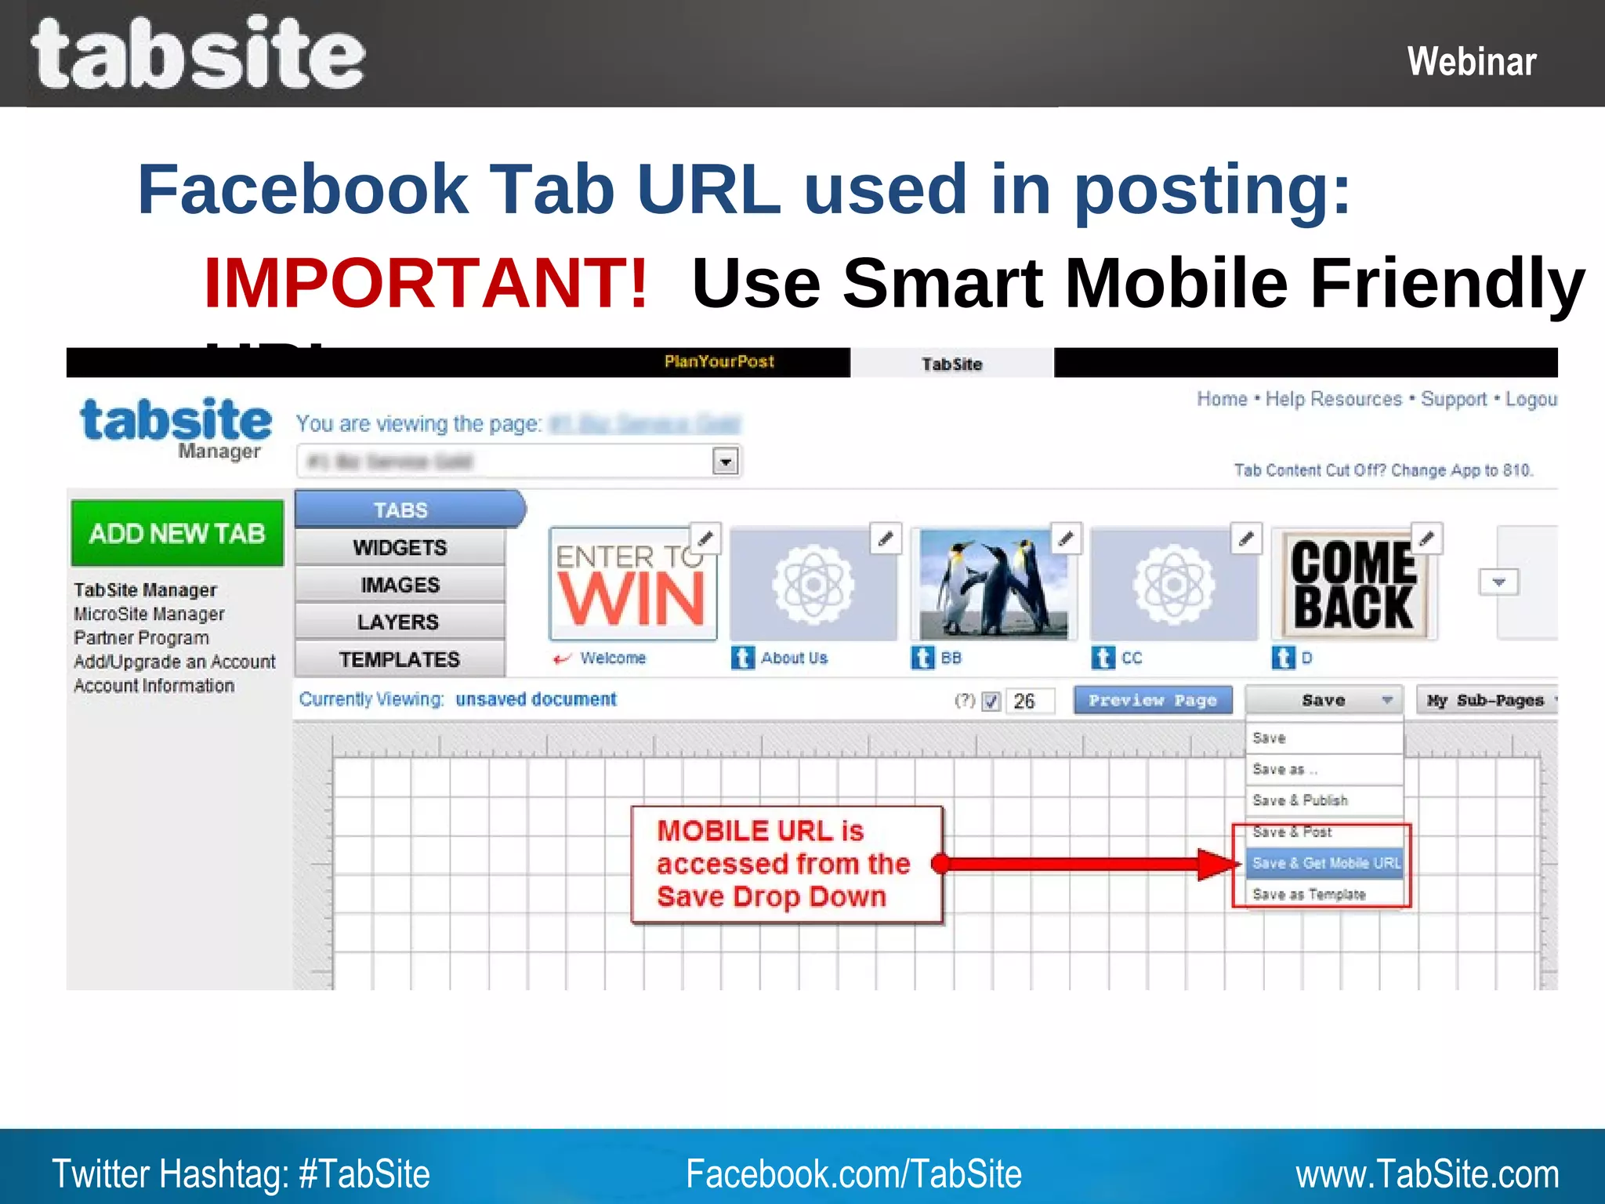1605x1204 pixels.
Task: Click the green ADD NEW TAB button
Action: tap(177, 533)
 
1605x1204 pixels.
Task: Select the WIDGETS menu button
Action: tap(400, 547)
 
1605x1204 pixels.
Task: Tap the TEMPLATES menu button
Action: tap(400, 659)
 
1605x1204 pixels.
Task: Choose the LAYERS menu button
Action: tap(398, 622)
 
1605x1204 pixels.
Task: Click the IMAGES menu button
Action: tap(400, 585)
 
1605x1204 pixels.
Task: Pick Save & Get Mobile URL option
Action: tap(1325, 863)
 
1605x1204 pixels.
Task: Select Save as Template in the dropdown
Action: tap(1309, 894)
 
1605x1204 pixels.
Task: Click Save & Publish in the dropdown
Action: tap(1300, 800)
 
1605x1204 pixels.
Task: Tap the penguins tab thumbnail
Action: tap(994, 584)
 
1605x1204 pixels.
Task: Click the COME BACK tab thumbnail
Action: tap(1353, 585)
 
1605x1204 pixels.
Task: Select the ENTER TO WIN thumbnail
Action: tap(632, 585)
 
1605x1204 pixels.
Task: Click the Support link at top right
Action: tap(1454, 399)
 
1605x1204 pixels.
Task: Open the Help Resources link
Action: tap(1333, 399)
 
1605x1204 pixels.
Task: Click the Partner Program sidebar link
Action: tap(141, 638)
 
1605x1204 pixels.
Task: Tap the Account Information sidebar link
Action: tap(154, 686)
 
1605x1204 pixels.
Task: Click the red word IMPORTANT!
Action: tap(426, 283)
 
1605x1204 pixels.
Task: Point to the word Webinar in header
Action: tap(1471, 61)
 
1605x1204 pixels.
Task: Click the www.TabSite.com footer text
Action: tap(1426, 1174)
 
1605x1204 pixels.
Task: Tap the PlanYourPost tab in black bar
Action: tap(719, 361)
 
